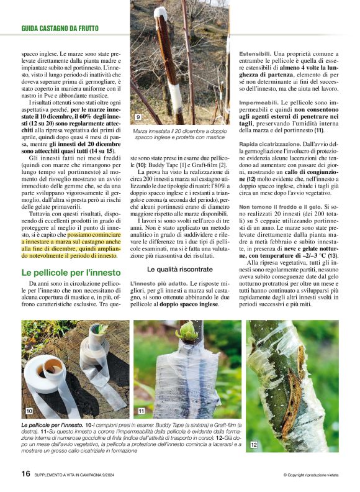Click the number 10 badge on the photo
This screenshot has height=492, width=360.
(x=29, y=411)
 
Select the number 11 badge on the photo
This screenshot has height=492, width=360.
(x=142, y=411)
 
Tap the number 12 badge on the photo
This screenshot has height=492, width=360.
(x=254, y=445)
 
